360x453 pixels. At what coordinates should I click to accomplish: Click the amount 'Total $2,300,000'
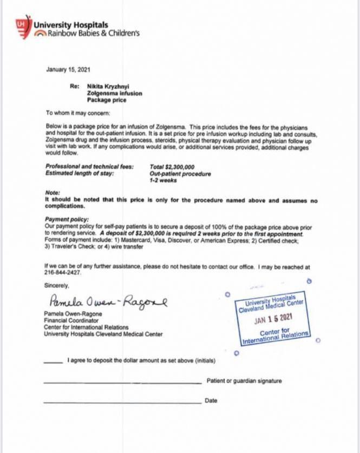pyautogui.click(x=172, y=167)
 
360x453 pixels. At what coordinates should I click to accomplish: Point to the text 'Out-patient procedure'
pyautogui.click(x=180, y=174)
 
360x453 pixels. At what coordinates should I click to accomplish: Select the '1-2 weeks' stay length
pyautogui.click(x=163, y=180)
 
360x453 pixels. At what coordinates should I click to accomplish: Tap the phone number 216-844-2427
pyautogui.click(x=58, y=273)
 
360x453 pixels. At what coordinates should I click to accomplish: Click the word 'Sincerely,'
pyautogui.click(x=57, y=285)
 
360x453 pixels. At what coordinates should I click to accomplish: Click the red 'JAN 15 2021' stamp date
pyautogui.click(x=274, y=320)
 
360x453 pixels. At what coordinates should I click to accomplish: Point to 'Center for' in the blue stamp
pyautogui.click(x=274, y=333)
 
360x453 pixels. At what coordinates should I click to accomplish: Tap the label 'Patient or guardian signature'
pyautogui.click(x=244, y=381)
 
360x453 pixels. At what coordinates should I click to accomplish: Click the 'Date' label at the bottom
pyautogui.click(x=211, y=401)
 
